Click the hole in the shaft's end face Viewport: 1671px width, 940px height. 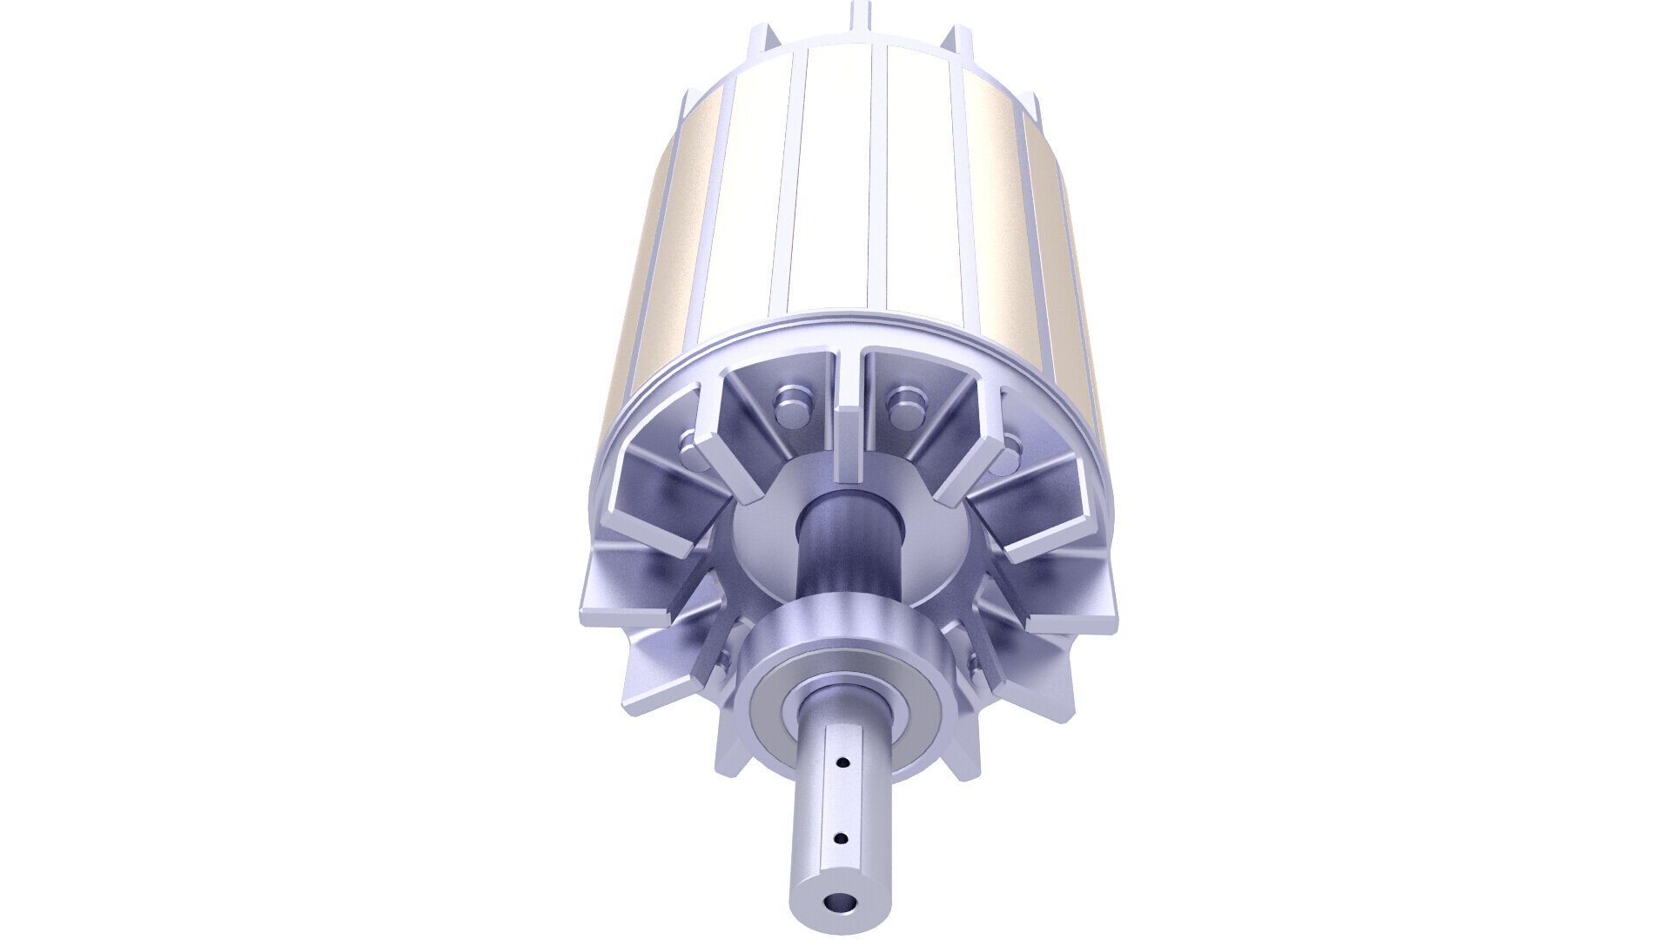(x=840, y=902)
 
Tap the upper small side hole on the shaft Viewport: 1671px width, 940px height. (x=842, y=762)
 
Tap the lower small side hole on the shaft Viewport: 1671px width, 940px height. (x=841, y=839)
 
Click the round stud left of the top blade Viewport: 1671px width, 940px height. (x=790, y=399)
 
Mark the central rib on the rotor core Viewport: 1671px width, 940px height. (x=877, y=174)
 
